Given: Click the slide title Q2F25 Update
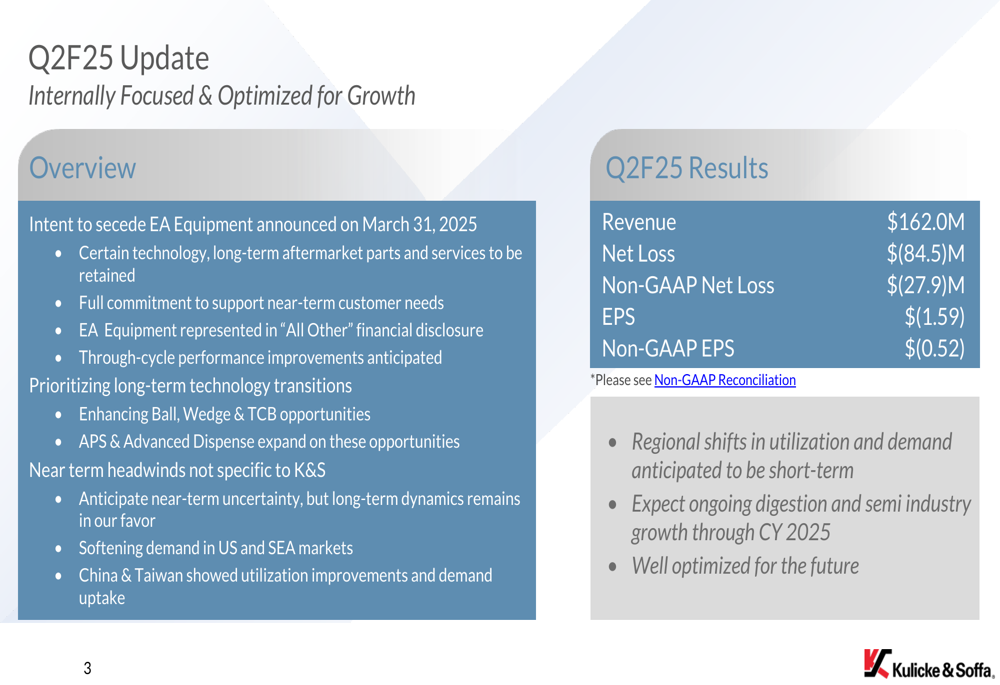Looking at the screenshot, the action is [x=119, y=59].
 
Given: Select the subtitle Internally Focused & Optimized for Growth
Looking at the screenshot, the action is [x=222, y=96].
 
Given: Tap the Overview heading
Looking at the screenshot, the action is [x=82, y=168].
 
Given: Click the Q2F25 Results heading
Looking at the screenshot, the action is [x=687, y=168].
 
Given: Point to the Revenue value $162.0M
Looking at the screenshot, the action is [x=925, y=222].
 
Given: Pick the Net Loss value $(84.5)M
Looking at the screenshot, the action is [x=925, y=254].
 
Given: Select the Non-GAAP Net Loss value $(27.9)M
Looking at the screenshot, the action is [x=925, y=285].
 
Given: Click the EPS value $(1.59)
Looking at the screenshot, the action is [x=934, y=317].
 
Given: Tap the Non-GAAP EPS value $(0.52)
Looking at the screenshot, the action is [x=934, y=348].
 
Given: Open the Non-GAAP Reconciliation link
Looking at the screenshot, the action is [x=725, y=380].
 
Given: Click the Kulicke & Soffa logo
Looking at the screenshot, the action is [x=929, y=664].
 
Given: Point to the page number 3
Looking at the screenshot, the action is [x=87, y=668].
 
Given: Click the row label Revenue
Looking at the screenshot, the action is [x=639, y=222].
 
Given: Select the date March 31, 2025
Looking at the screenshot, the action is [x=420, y=225].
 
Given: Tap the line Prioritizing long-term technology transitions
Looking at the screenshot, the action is [x=190, y=386].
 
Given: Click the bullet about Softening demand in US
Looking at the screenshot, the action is [x=216, y=548].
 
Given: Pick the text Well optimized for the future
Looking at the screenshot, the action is [x=745, y=566].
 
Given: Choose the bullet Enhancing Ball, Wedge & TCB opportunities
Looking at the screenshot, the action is [x=224, y=415].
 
